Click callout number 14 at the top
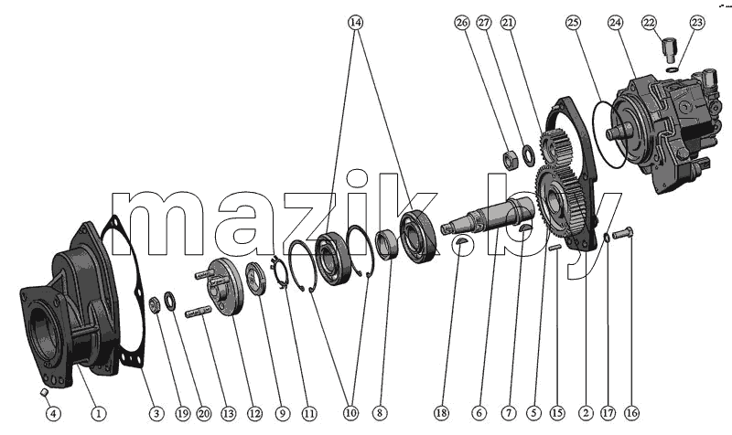click(x=355, y=22)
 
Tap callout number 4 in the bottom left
click(x=53, y=413)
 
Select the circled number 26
click(x=462, y=22)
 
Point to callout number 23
click(x=696, y=22)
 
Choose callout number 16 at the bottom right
click(x=631, y=413)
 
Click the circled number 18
click(x=441, y=413)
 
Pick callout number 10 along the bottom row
click(x=351, y=413)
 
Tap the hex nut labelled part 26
click(x=511, y=159)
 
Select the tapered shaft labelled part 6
click(x=488, y=215)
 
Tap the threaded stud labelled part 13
click(x=198, y=312)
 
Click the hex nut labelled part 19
click(x=155, y=304)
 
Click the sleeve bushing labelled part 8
click(x=387, y=244)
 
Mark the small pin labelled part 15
click(x=555, y=248)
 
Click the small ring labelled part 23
click(x=672, y=70)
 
